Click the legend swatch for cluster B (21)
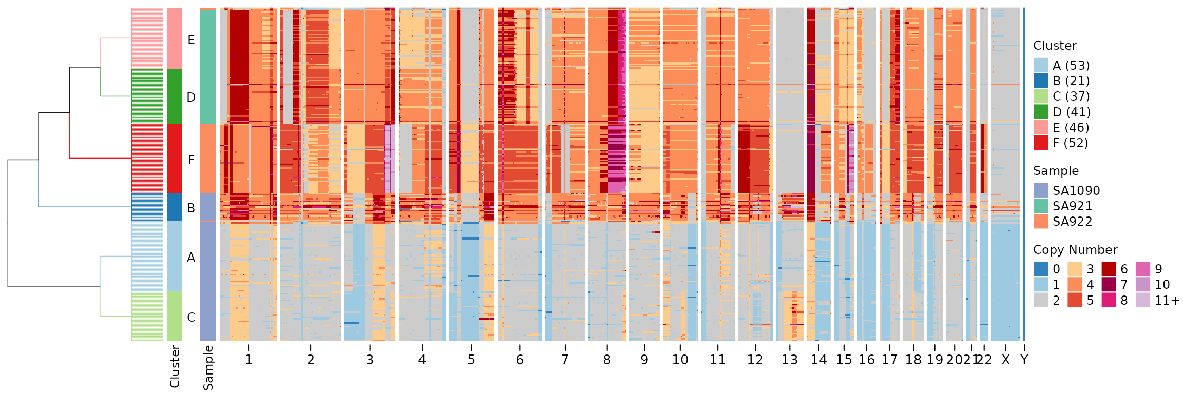1041,81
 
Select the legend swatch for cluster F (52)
1041,143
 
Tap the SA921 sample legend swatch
1041,206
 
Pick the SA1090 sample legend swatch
1041,190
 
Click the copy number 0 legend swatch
1041,269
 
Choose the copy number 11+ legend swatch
1143,300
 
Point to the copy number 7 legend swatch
1109,284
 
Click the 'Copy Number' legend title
1075,250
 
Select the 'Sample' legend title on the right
1056,171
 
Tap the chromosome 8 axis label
607,360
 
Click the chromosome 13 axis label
789,360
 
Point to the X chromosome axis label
1005,360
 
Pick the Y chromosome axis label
1024,360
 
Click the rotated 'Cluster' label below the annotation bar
175,366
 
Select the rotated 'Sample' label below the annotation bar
208,367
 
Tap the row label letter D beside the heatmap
191,97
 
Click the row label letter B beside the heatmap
191,208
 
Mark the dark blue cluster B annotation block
175,207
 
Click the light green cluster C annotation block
175,316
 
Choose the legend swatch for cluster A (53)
1041,65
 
